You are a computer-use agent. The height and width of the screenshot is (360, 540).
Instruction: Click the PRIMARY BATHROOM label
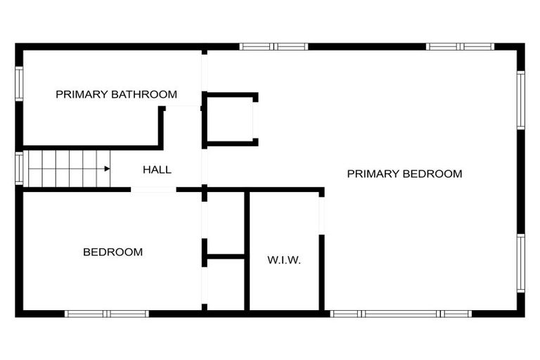(x=116, y=94)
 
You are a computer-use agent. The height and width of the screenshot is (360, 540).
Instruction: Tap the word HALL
(x=157, y=169)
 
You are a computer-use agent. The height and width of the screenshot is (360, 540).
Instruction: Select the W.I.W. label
(x=284, y=260)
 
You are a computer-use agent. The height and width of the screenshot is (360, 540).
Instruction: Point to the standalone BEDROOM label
(x=112, y=252)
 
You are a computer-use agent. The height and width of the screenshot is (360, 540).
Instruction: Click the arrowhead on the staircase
(x=106, y=169)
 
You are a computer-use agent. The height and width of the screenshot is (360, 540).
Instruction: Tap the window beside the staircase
(x=19, y=169)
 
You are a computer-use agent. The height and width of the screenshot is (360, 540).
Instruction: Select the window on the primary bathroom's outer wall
(x=19, y=84)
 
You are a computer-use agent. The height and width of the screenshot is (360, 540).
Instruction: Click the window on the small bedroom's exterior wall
(x=107, y=314)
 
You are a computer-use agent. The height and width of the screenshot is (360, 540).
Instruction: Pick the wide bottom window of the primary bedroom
(x=401, y=314)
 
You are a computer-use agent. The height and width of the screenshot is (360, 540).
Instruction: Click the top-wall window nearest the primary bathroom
(x=274, y=47)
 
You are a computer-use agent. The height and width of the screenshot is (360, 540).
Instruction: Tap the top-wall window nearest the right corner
(x=461, y=47)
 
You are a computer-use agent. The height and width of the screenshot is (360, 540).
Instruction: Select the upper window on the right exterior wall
(x=521, y=100)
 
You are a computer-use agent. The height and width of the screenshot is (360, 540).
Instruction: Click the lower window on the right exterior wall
(x=521, y=263)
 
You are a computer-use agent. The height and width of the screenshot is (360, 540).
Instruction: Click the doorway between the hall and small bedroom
(x=153, y=190)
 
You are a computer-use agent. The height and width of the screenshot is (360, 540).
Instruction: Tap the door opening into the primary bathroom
(x=183, y=107)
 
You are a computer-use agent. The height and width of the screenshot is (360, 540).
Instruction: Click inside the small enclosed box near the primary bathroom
(x=229, y=119)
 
